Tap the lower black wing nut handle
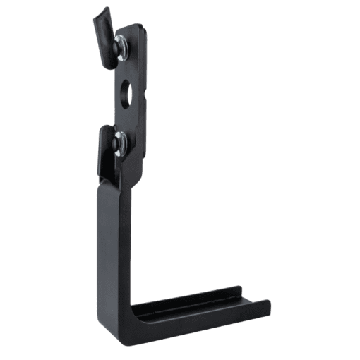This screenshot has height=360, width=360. pos(104,149)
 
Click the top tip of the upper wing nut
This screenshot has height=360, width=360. pos(104,11)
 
